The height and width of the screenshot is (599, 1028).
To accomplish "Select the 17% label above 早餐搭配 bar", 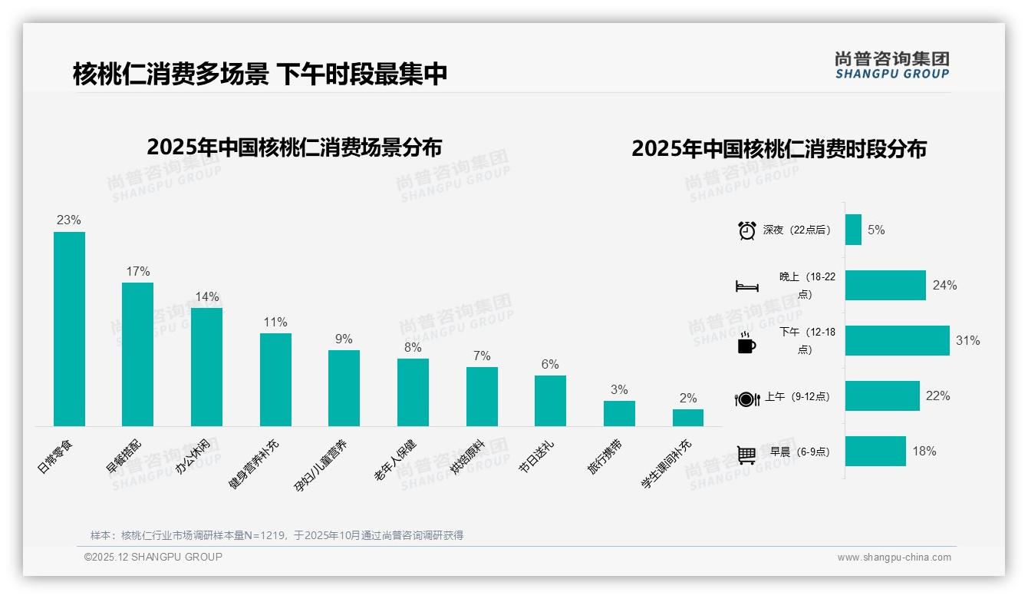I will click(138, 272).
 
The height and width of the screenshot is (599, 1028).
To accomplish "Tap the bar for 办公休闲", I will click(206, 366).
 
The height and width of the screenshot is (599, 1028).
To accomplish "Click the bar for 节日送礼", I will click(550, 400).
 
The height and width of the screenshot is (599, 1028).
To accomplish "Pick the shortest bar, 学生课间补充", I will click(688, 418).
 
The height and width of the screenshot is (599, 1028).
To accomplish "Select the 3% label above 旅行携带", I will click(619, 390).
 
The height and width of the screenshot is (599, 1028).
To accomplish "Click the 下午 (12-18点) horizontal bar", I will click(897, 341).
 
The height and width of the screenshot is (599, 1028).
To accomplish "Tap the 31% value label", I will click(967, 341).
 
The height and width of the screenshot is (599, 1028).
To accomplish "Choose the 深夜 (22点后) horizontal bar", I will click(853, 230).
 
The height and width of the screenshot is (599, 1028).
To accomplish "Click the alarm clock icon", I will click(746, 230).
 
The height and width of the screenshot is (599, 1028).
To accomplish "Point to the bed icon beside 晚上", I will click(746, 286).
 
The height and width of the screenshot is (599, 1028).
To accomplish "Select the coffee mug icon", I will click(746, 343).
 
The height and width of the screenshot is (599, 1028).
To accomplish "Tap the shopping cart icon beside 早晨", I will click(746, 454).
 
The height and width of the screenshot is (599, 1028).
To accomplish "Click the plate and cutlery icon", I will click(746, 399).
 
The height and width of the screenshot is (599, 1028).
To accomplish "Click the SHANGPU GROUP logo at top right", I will click(891, 65).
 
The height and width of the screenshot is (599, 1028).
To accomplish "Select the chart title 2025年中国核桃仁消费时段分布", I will click(779, 149).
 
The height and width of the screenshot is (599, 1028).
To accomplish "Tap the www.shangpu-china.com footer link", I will click(894, 558).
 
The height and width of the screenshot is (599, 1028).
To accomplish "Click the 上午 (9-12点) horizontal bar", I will click(882, 396).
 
